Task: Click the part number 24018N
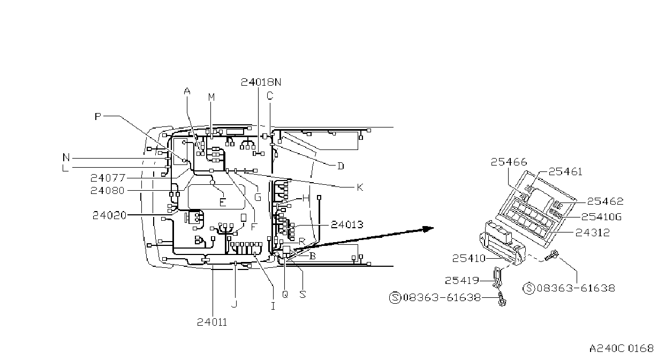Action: point(261,82)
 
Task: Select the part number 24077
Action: point(108,178)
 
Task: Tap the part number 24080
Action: point(108,190)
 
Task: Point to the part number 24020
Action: point(110,215)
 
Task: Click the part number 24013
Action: point(347,224)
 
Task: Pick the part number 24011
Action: point(212,322)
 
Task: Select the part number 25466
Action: point(509,162)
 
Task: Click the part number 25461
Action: point(565,171)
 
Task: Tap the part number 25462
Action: point(605,201)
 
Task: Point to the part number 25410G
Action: point(602,217)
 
